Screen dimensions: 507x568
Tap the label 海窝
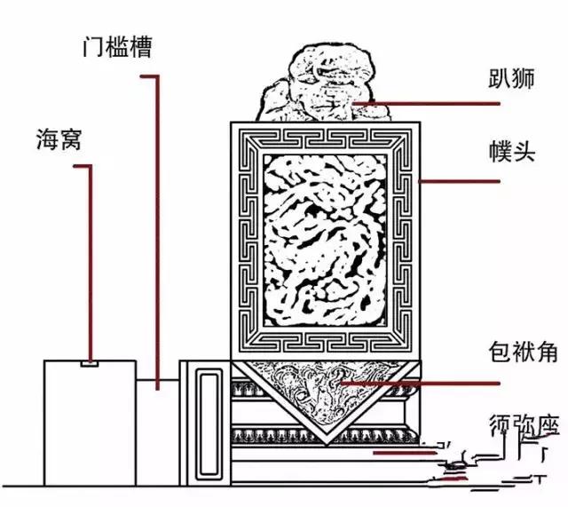pos(59,139)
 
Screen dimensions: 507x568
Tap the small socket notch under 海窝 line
pos(90,362)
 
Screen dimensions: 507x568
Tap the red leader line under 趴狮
pos(426,104)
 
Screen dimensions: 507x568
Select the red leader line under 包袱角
pos(426,384)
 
